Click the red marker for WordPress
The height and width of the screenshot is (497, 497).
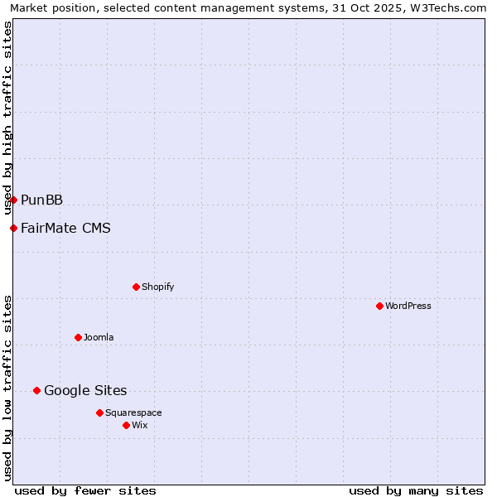379,306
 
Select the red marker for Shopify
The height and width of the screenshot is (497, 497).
136,287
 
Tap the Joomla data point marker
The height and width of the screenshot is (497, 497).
78,337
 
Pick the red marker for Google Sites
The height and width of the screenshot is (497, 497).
36,390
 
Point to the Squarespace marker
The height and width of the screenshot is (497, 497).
99,413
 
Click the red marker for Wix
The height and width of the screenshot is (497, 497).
126,425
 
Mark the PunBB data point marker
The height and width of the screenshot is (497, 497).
13,200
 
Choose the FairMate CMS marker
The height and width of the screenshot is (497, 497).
13,228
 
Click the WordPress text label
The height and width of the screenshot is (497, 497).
408,306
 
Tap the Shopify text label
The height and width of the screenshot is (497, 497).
157,287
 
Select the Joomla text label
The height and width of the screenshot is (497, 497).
99,337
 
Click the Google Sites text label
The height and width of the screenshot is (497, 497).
85,390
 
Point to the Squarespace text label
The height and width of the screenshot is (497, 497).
133,413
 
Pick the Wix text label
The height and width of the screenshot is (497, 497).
139,425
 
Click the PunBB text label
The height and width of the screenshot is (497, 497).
41,200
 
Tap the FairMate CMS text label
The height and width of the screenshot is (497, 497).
65,228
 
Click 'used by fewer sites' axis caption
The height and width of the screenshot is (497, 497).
85,490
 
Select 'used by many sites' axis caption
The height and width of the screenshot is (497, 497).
416,490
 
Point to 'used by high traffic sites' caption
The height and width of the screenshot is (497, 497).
8,118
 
